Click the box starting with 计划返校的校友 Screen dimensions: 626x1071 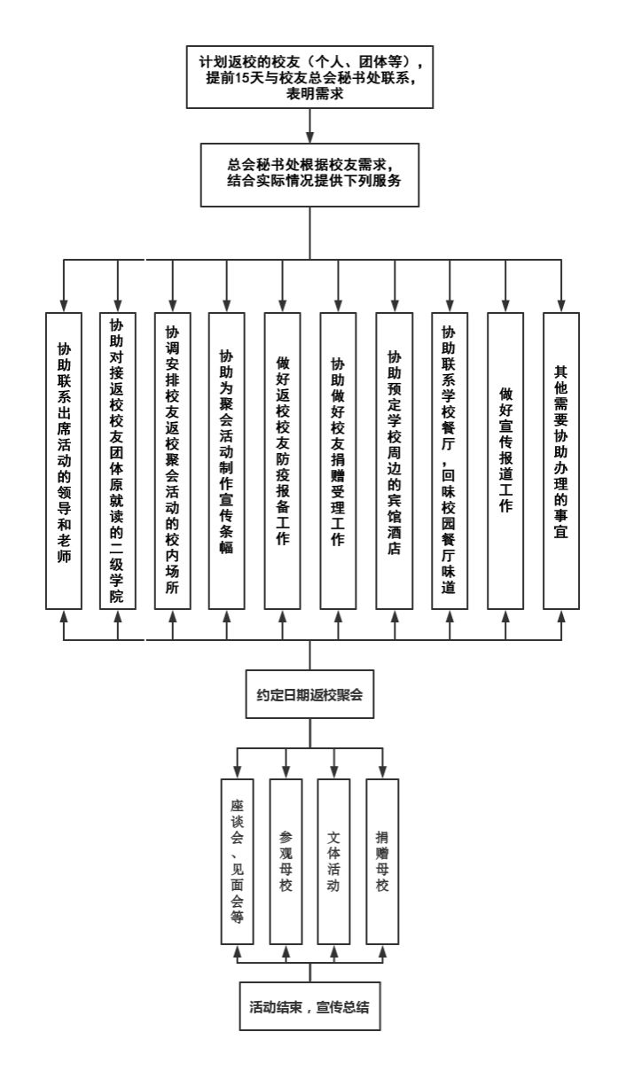pos(309,77)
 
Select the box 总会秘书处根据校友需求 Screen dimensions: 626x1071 pos(309,175)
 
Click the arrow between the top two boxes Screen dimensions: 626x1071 pos(309,126)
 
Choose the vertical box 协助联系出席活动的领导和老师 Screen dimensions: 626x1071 pos(64,461)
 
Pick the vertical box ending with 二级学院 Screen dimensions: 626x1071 pos(118,461)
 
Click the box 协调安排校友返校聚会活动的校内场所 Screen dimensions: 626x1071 pos(173,461)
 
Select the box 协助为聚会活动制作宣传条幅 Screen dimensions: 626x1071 pos(227,461)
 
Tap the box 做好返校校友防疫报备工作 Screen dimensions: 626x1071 pos(283,461)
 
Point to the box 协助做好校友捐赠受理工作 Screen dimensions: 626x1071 pos(338,461)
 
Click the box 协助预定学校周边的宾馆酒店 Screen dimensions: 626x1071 pos(395,461)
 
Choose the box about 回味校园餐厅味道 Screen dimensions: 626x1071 pos(450,461)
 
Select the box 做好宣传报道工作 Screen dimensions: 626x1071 pos(505,461)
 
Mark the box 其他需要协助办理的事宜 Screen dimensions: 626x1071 pos(561,461)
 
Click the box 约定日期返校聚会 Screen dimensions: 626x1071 pos(309,694)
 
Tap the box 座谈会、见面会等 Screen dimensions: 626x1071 pos(238,862)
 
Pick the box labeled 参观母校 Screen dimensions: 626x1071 pos(286,862)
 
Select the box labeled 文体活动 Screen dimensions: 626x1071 pos(333,862)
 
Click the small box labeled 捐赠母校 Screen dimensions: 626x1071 pos(382,862)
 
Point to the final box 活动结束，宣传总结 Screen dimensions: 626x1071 pos(309,1006)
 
